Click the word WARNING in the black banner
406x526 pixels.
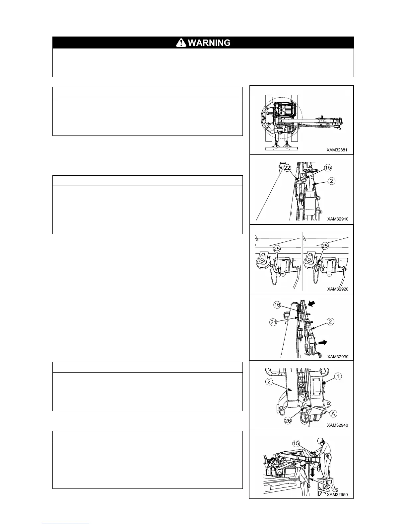coord(209,43)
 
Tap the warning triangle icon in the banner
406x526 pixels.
coord(181,43)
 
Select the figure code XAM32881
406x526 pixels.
coord(337,150)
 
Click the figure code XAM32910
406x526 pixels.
coord(338,219)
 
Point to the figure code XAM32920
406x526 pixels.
coord(338,289)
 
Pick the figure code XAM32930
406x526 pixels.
coord(338,357)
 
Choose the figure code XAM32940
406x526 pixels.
coord(337,425)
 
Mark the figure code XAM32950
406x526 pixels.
coord(337,494)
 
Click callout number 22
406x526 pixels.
coord(287,168)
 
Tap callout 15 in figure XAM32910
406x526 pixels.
coord(328,168)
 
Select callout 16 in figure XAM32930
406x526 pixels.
coord(277,305)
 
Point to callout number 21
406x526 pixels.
coord(273,322)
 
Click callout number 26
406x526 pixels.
coord(288,421)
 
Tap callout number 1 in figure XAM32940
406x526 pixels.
coord(338,376)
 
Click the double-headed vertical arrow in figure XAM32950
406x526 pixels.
coord(312,472)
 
